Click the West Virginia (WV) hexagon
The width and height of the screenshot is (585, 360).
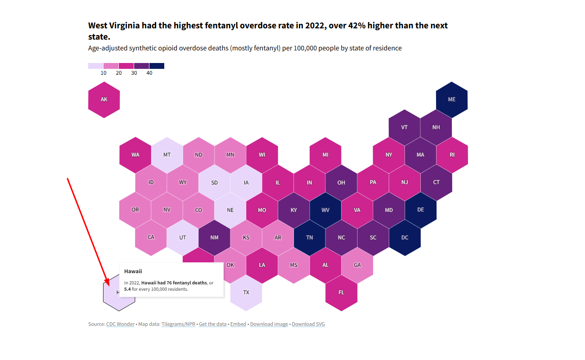coord(325,210)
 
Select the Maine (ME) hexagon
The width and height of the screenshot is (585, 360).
coord(452,99)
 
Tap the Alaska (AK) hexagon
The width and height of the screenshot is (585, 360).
coord(104,99)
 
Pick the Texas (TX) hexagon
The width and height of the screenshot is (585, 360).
coord(246,293)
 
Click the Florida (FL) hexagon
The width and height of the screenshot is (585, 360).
coord(341,293)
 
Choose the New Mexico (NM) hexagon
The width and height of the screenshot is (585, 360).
coord(214,238)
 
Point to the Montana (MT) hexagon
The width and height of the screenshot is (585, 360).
coord(167,155)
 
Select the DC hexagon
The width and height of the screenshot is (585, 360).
coord(405,238)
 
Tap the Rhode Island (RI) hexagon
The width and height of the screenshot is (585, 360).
coord(452,155)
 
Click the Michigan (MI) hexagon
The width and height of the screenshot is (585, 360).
coord(325,155)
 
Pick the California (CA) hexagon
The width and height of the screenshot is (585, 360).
coord(151,238)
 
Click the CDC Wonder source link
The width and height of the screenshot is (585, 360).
coord(120,324)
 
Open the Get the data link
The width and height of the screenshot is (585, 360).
coord(213,324)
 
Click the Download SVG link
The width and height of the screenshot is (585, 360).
coord(308,324)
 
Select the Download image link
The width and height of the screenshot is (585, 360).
coord(269,324)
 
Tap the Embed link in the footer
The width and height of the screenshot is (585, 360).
coord(238,324)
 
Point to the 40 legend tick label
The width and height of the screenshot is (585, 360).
coord(149,73)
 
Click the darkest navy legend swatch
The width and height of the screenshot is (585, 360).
coord(157,66)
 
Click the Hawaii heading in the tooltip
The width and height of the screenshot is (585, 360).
coord(133,271)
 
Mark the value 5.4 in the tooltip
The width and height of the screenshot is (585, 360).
coord(128,289)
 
